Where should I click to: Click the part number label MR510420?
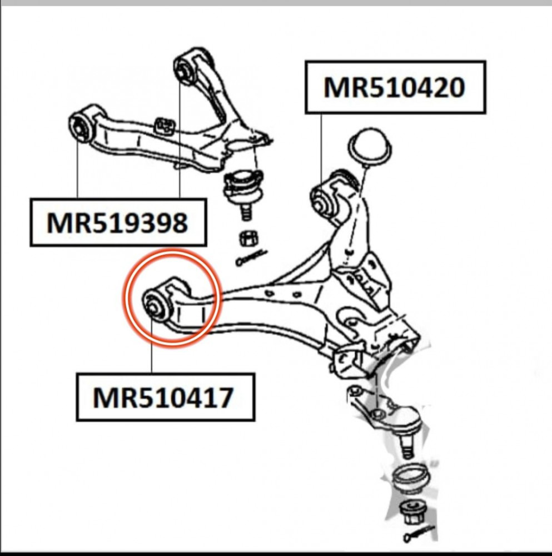tap(395, 87)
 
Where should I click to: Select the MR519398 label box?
tap(118, 222)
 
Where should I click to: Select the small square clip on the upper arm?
tap(164, 126)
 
